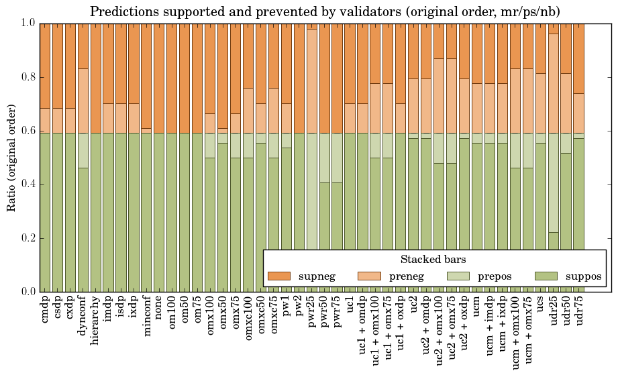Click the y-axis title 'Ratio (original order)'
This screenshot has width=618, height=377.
point(11,157)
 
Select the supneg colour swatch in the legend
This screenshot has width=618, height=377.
point(278,276)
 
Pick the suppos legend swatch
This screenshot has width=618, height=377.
point(547,276)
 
